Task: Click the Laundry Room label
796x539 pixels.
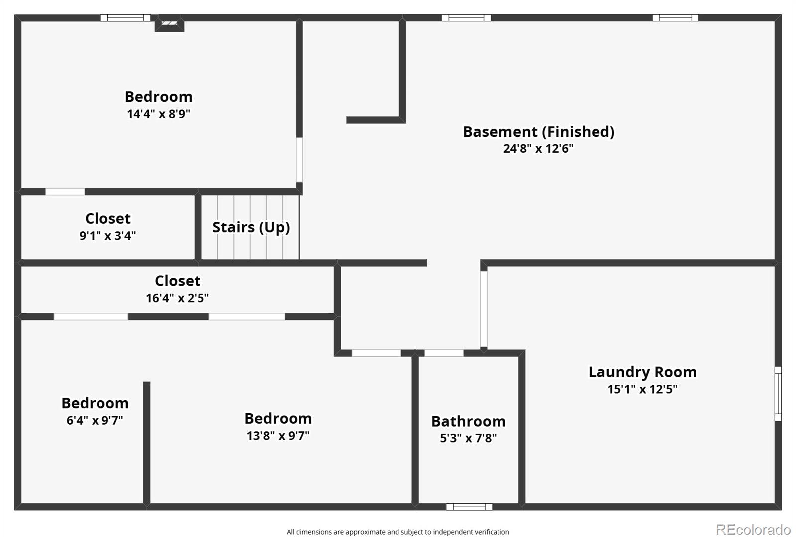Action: pyautogui.click(x=642, y=372)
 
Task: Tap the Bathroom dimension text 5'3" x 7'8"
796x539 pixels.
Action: pyautogui.click(x=468, y=438)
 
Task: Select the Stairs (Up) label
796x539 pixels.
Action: pyautogui.click(x=251, y=227)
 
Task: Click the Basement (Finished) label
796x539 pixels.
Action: pyautogui.click(x=538, y=132)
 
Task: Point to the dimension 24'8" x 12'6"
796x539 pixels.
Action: pyautogui.click(x=538, y=148)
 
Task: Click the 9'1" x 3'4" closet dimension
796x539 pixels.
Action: pyautogui.click(x=107, y=235)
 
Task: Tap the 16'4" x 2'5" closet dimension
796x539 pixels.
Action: pyautogui.click(x=177, y=298)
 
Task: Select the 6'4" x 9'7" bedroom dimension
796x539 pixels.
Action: pyautogui.click(x=95, y=420)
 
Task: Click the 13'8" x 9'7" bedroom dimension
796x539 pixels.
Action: pyautogui.click(x=278, y=436)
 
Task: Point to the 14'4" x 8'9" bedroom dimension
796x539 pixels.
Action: pyautogui.click(x=158, y=114)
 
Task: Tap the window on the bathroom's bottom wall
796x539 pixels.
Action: pyautogui.click(x=469, y=507)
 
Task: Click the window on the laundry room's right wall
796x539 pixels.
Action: pyautogui.click(x=778, y=393)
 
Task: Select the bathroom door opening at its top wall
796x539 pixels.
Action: pyautogui.click(x=444, y=353)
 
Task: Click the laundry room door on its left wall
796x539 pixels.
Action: pyautogui.click(x=483, y=309)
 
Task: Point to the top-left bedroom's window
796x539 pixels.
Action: pyautogui.click(x=125, y=18)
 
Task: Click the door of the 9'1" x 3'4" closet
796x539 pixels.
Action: pyautogui.click(x=65, y=192)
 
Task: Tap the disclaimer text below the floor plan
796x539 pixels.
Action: pyautogui.click(x=398, y=532)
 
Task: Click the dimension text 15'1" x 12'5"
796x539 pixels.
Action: pyautogui.click(x=642, y=389)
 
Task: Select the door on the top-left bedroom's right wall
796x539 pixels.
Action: pyautogui.click(x=299, y=160)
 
